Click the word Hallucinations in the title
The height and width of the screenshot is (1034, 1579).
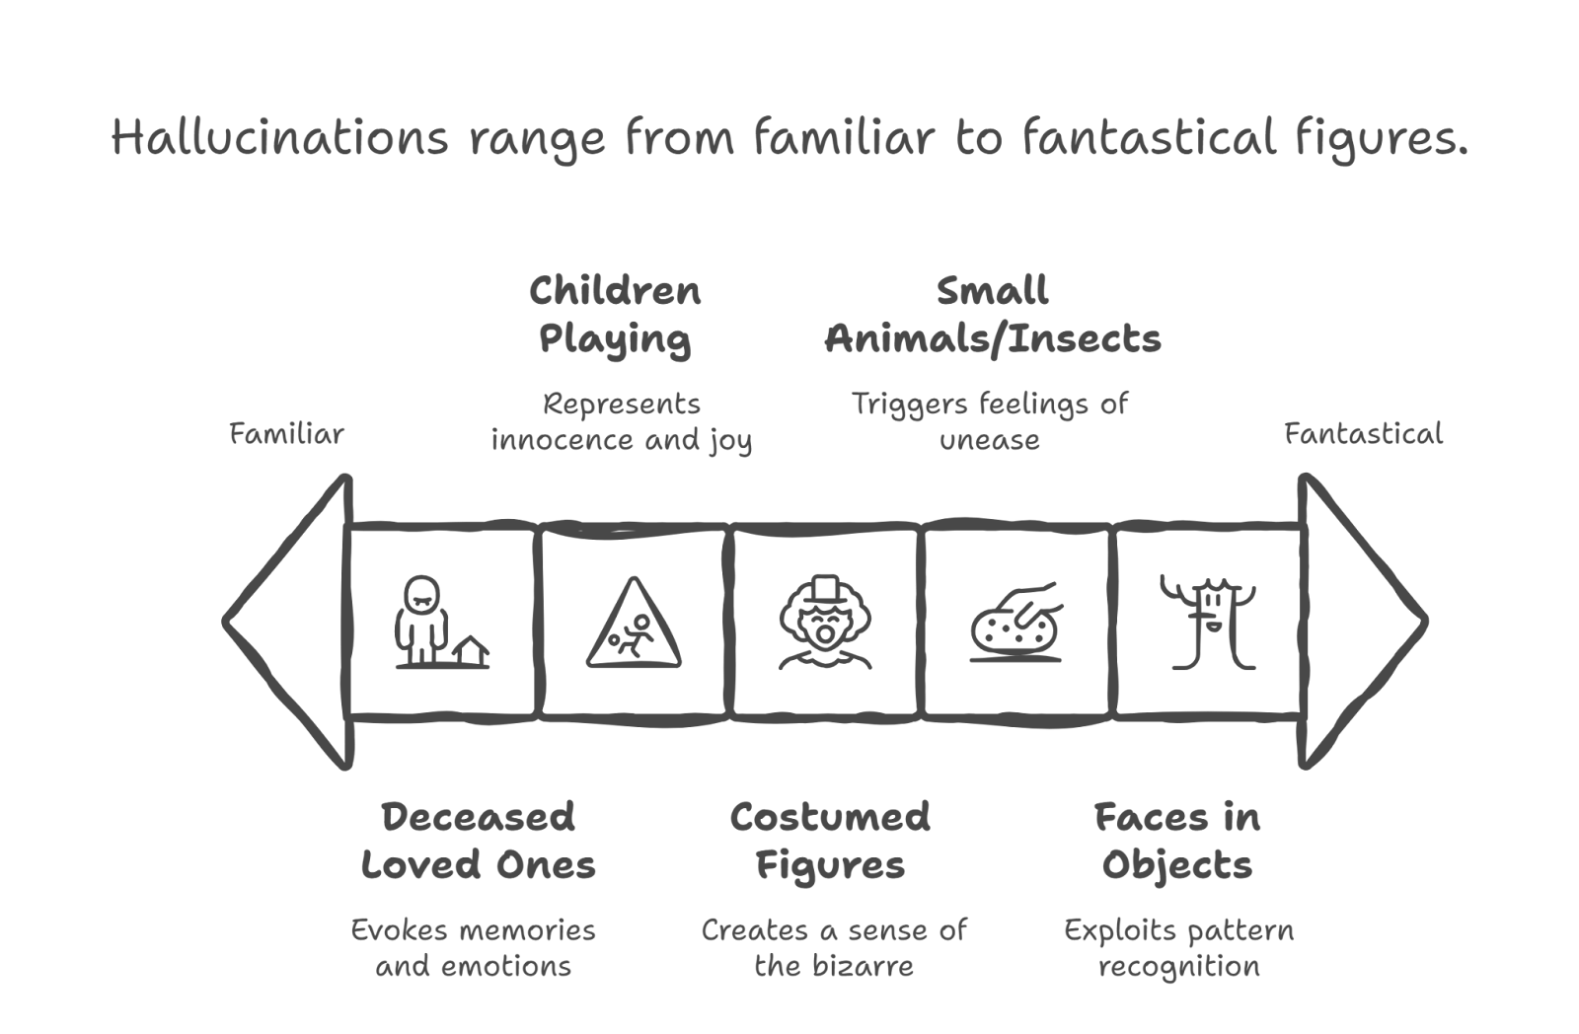[x=279, y=138]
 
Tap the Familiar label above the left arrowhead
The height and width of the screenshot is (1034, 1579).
[x=286, y=434]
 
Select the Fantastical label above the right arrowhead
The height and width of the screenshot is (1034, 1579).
[x=1363, y=434]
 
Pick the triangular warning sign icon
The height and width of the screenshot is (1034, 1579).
[x=634, y=624]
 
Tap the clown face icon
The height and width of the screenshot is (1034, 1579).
[x=825, y=624]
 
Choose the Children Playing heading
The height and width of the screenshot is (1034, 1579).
[x=615, y=316]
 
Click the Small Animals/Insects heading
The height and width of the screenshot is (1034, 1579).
[x=993, y=316]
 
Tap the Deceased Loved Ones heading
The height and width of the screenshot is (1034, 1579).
[x=479, y=842]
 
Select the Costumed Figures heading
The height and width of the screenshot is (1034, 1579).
[x=830, y=842]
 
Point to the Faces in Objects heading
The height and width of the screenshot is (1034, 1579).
[x=1177, y=842]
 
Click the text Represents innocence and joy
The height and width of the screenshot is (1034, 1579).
[x=622, y=422]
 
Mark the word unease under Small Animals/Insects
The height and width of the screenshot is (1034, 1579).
[x=989, y=441]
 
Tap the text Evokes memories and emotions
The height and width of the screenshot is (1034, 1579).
[x=474, y=948]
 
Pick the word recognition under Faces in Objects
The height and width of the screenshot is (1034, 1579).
[x=1178, y=966]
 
